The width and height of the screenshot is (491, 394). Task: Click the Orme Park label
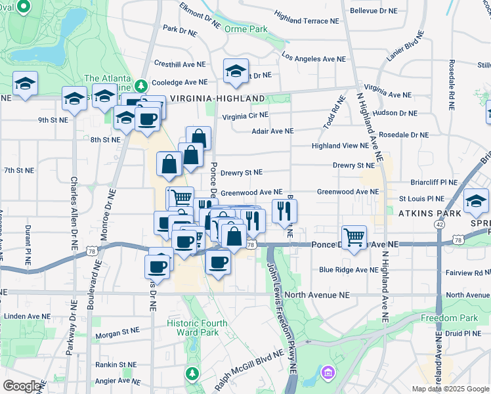(x=245, y=30)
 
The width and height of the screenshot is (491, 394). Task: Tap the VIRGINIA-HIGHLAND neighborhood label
(x=217, y=98)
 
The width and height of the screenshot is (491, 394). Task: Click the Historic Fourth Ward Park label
(x=197, y=328)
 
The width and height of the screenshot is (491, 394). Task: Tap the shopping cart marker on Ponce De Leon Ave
(x=354, y=237)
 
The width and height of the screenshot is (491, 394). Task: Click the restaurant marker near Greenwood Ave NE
(x=284, y=211)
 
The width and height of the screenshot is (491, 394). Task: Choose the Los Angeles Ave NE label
(x=314, y=58)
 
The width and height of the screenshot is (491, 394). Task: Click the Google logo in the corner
(x=22, y=386)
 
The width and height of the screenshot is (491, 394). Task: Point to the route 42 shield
(x=438, y=224)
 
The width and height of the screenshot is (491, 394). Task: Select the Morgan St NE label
(x=117, y=333)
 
